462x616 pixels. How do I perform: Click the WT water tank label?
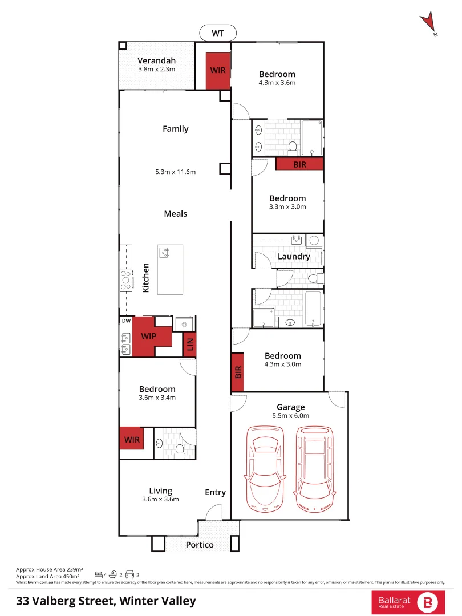[218, 33]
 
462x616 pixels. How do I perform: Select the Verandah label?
[156, 60]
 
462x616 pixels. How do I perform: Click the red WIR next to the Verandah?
[217, 71]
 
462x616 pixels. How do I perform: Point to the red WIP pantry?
[148, 336]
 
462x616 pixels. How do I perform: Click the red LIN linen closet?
[190, 345]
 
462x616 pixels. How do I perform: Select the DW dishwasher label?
[125, 321]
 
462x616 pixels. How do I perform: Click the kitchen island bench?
[170, 269]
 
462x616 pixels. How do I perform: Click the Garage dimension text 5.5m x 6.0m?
[290, 415]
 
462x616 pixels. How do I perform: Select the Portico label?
[200, 545]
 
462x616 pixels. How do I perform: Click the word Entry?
[216, 492]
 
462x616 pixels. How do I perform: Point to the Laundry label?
[294, 256]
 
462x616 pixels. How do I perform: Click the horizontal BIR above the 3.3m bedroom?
[299, 164]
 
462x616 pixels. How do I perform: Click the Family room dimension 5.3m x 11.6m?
[175, 172]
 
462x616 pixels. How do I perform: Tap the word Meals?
[175, 214]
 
